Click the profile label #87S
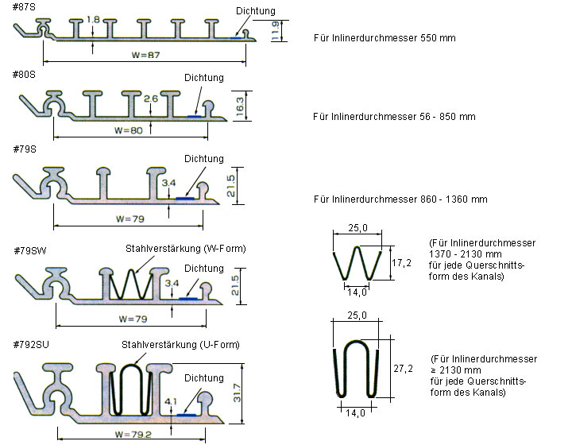pos(24,7)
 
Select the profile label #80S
pos(24,74)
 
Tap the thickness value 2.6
pos(151,99)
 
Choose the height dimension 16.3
pos(242,106)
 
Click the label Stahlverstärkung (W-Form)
pos(186,249)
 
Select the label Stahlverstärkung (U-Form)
pos(180,344)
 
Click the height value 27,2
pos(403,369)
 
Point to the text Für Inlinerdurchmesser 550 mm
pos(385,37)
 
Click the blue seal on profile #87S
pos(238,37)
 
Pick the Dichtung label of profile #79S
pos(204,159)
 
